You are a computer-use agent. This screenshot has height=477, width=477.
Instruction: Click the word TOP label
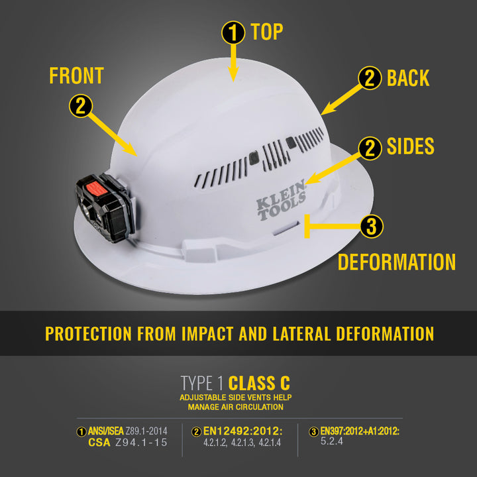(268, 32)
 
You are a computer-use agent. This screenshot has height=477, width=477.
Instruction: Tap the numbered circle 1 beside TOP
(233, 32)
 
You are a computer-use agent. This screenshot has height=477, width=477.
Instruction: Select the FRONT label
(76, 76)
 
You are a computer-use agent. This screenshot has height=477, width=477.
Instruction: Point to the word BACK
(408, 78)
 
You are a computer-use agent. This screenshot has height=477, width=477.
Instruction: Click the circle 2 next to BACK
(370, 78)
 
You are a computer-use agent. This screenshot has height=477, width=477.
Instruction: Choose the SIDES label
(410, 146)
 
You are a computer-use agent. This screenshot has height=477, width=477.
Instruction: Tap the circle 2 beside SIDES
(370, 148)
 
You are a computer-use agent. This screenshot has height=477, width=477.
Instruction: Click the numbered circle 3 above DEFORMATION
(371, 227)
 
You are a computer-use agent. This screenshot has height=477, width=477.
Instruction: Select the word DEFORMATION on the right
(396, 262)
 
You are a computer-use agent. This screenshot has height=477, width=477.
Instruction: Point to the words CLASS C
(259, 383)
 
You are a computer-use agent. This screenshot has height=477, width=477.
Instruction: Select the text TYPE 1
(202, 383)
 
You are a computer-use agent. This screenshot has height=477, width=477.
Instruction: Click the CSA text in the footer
(99, 443)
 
